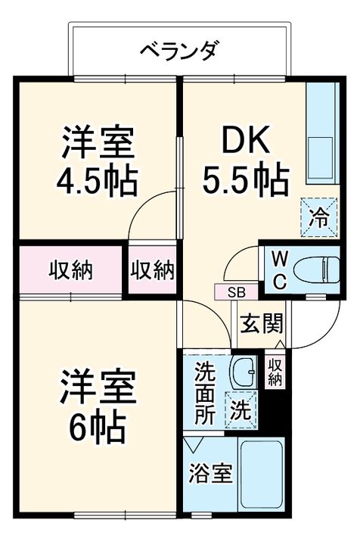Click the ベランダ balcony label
(x=178, y=51)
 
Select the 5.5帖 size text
(x=244, y=179)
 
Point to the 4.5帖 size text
(x=98, y=179)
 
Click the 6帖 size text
(x=98, y=428)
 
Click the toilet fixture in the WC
(x=321, y=269)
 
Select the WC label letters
(x=278, y=269)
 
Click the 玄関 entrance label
(x=262, y=324)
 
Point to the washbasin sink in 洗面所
(x=243, y=373)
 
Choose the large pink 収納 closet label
(x=71, y=270)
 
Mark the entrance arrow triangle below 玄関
(x=280, y=345)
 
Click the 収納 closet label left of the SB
(x=153, y=270)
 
